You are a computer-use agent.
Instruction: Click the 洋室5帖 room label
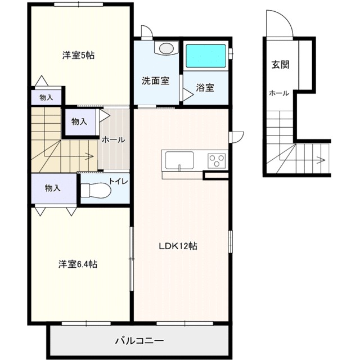[x=78, y=55]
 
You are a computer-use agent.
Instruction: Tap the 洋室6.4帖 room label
[x=78, y=264]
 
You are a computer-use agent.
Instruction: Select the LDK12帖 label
[x=178, y=246]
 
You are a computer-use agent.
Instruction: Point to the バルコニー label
[x=139, y=340]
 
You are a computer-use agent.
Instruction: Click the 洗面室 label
[x=156, y=80]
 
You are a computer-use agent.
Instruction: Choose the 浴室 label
[x=205, y=88]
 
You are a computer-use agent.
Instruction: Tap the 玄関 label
[x=280, y=65]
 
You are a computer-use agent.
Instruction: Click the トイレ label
[x=118, y=181]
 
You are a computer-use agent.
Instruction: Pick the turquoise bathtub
[x=206, y=56]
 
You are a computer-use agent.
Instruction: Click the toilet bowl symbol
[x=96, y=190]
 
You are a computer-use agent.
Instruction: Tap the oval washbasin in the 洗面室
[x=167, y=48]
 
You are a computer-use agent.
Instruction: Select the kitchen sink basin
[x=179, y=160]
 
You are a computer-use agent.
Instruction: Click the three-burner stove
[x=217, y=160]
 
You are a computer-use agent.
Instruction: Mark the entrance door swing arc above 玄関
[x=284, y=18]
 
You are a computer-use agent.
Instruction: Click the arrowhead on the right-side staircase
[x=322, y=160]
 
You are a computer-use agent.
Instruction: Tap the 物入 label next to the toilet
[x=52, y=188]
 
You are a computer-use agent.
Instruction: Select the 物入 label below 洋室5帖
[x=46, y=97]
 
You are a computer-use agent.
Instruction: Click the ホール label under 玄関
[x=279, y=93]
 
